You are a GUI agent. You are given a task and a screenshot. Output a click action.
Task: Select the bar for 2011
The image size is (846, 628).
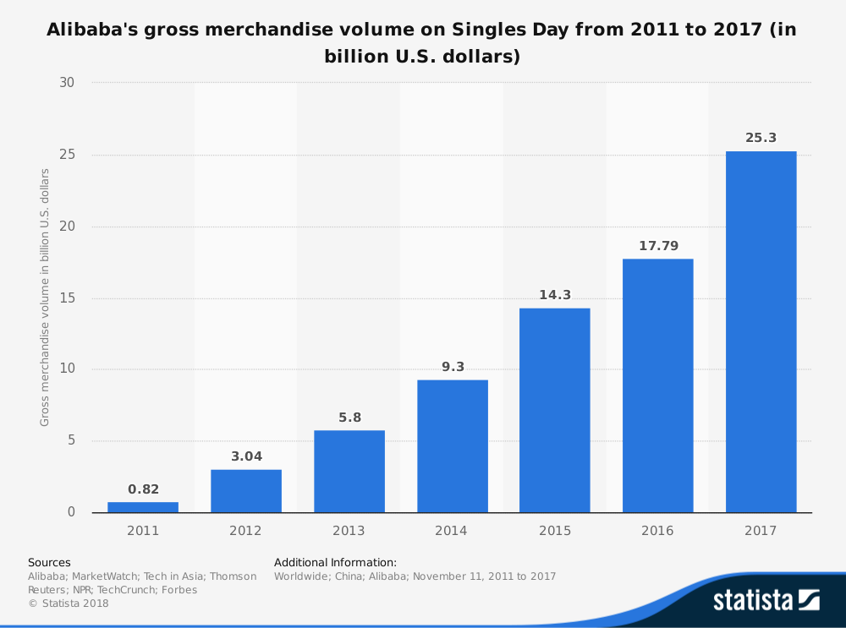coord(143,507)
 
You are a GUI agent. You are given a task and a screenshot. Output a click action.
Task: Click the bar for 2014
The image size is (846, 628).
coord(453,446)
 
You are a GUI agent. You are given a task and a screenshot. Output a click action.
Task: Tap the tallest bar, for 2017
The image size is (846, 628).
coord(761,331)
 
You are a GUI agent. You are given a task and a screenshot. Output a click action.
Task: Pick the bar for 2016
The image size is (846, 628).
coord(658,385)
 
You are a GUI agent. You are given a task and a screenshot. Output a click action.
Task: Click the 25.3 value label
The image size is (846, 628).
coord(761,137)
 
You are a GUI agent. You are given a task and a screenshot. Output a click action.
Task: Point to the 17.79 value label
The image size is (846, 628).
coord(658,245)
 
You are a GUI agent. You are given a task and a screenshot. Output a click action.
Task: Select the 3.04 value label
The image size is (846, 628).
coord(246,456)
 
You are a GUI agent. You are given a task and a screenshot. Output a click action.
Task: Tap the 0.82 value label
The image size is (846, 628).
coord(143,489)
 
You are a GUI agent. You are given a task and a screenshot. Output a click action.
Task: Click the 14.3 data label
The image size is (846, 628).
coord(555,295)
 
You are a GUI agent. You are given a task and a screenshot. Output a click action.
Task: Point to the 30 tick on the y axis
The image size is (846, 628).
coord(67,83)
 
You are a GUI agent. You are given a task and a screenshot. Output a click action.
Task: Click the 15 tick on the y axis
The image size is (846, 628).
coord(67,298)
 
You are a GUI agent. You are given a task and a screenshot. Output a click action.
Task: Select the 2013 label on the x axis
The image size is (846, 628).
coord(349,531)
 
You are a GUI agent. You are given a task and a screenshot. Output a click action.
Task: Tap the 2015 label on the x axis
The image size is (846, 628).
coord(555,531)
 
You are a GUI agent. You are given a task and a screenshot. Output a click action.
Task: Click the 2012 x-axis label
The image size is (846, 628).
coord(246,531)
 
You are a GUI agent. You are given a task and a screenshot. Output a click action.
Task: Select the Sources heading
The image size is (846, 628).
coord(49,562)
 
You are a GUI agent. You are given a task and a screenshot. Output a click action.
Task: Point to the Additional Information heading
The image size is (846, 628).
coord(335,562)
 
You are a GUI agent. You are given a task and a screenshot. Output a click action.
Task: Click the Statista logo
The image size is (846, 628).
coord(766,600)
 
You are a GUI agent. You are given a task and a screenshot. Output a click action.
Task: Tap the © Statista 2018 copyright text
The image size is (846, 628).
coord(69,603)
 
